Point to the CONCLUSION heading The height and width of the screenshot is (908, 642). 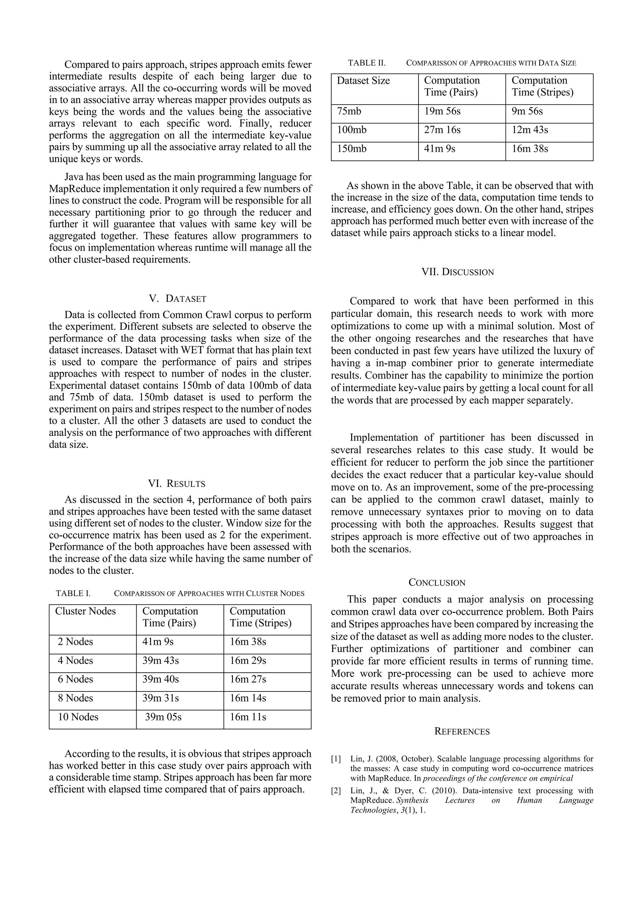click(437, 582)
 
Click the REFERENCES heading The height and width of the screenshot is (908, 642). click(462, 731)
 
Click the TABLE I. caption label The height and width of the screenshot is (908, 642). click(73, 593)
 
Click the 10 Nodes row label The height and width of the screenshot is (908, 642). click(78, 717)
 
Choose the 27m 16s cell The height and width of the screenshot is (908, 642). click(442, 130)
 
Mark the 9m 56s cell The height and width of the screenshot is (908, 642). click(527, 111)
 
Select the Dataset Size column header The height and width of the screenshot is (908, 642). click(363, 81)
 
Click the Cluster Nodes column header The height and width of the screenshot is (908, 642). click(86, 611)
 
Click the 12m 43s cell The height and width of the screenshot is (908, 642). click(530, 130)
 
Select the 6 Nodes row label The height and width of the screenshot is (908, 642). click(75, 679)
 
